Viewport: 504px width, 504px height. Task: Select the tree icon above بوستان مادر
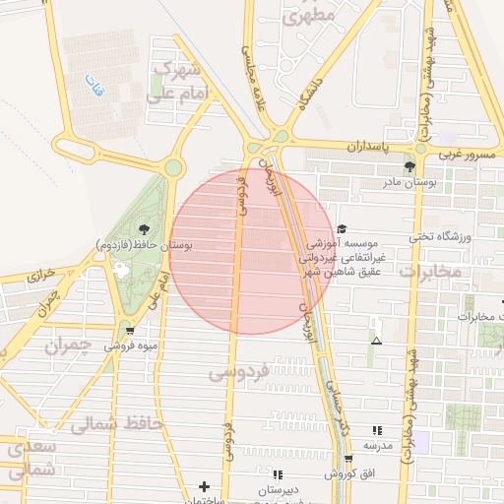(x=409, y=165)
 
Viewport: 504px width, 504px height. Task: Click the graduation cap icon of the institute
(x=342, y=227)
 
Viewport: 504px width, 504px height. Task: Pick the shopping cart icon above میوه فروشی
(x=130, y=331)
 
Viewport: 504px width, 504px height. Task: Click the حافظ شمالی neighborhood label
(x=109, y=424)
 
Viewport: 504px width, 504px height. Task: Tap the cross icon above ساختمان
(x=204, y=486)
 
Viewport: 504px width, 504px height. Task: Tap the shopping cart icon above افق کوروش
(x=348, y=460)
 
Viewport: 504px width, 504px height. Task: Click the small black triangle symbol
(x=376, y=341)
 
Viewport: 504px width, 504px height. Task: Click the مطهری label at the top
(x=308, y=15)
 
